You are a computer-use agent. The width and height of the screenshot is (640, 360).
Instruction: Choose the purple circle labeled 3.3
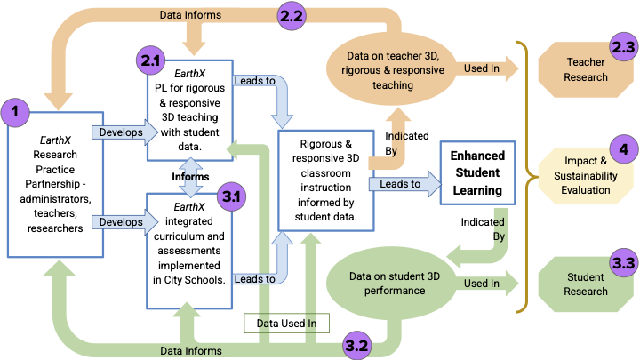[x=621, y=263]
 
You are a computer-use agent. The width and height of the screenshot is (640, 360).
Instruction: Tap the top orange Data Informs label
[x=190, y=14]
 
